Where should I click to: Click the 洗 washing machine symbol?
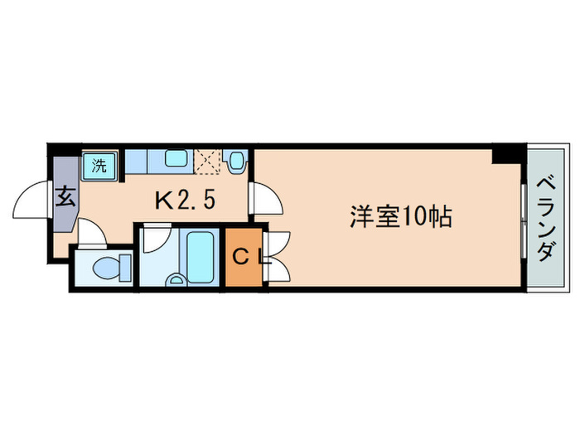point(99,164)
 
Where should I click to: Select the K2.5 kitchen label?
point(187,200)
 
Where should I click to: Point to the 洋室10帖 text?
point(399,217)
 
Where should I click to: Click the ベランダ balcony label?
point(544,217)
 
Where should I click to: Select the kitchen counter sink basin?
point(176,158)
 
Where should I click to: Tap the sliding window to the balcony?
point(524,217)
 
